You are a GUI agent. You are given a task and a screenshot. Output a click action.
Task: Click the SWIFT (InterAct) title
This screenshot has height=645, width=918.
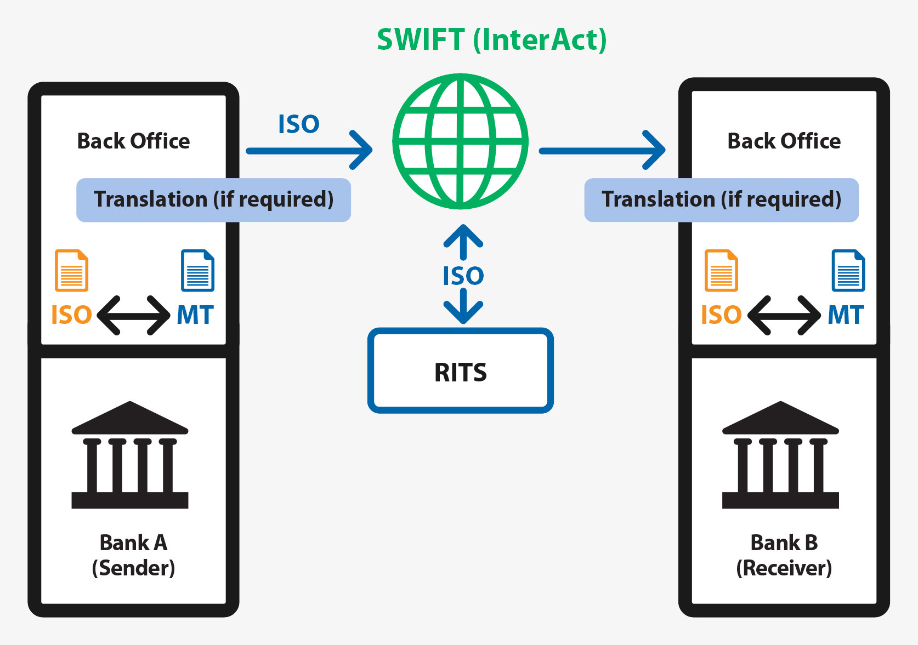click(491, 39)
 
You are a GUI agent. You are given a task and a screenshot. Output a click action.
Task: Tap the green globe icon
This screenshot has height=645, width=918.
click(461, 141)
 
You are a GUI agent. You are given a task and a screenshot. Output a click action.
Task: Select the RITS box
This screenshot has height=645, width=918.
click(461, 371)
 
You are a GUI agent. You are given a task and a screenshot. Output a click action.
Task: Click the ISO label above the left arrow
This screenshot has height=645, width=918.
click(298, 124)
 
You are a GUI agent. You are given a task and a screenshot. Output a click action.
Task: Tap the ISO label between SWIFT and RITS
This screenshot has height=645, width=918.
click(463, 276)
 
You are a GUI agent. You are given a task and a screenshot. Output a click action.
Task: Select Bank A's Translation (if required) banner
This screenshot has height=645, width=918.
click(213, 199)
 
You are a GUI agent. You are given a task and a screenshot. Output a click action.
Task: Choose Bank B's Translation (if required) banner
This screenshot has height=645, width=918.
click(721, 199)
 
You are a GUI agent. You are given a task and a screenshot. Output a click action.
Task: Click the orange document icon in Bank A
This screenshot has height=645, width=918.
click(71, 270)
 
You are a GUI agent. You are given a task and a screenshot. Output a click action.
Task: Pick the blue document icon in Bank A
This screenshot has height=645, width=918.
click(197, 270)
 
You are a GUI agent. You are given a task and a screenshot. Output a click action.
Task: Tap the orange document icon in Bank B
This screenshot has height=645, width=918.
click(721, 270)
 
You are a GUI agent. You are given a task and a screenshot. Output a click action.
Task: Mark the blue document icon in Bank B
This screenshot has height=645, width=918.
click(848, 270)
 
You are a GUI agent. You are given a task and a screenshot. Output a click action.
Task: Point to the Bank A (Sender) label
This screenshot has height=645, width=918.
click(133, 555)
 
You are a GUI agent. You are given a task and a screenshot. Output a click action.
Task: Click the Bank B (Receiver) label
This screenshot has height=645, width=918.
click(784, 555)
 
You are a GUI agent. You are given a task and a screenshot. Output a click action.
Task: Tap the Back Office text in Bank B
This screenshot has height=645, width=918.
click(784, 141)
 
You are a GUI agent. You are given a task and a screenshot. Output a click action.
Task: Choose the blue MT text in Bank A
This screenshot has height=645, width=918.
click(195, 315)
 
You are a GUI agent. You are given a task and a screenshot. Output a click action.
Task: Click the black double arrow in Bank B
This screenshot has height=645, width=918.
click(784, 315)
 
